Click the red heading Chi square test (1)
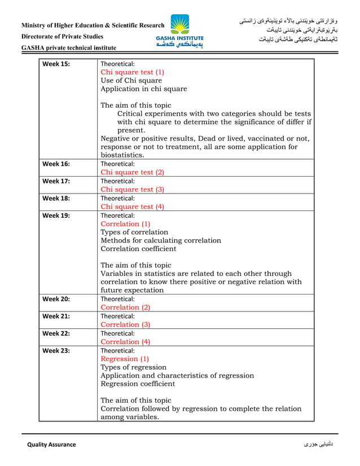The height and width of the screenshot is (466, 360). (132, 72)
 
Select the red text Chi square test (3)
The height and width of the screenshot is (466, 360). (132, 190)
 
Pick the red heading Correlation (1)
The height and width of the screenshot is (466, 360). (125, 223)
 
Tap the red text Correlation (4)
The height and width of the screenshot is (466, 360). (125, 341)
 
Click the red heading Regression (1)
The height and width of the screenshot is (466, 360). (125, 358)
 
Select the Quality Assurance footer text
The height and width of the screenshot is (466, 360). (51, 445)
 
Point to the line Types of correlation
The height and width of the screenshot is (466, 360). (134, 232)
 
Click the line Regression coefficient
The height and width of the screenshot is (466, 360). (138, 384)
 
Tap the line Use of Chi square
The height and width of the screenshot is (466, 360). (131, 81)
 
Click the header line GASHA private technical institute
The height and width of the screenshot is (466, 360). (69, 48)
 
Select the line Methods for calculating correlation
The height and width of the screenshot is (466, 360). (161, 240)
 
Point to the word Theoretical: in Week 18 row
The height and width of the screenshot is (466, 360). (117, 198)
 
